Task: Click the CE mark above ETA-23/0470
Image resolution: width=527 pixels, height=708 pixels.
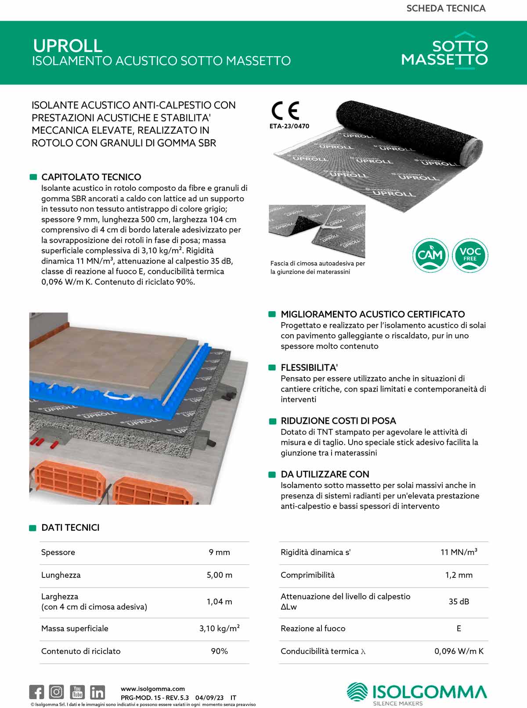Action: click(285, 111)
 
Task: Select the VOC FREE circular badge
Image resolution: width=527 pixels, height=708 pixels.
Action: click(470, 255)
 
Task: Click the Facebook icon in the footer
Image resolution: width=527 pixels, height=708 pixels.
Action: click(37, 692)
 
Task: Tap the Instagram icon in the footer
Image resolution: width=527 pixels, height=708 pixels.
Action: click(56, 692)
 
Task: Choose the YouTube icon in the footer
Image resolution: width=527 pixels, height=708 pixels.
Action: click(77, 692)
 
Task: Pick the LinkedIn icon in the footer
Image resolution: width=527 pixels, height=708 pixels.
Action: click(97, 692)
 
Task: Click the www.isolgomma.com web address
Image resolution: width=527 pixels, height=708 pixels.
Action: click(153, 689)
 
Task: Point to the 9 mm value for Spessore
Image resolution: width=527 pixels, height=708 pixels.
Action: click(219, 552)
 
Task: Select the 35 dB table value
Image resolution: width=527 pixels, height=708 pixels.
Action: click(458, 602)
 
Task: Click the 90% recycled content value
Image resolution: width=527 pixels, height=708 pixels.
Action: click(219, 651)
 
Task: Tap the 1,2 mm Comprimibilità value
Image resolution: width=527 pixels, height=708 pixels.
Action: click(458, 575)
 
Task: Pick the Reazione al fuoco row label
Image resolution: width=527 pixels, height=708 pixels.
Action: click(313, 628)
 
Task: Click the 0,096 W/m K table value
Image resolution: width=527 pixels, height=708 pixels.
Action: click(458, 651)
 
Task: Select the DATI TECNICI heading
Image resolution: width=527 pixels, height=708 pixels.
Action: click(70, 528)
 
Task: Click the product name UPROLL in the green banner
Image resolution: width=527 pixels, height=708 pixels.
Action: click(68, 46)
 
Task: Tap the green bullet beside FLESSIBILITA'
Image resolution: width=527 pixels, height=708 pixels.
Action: click(272, 368)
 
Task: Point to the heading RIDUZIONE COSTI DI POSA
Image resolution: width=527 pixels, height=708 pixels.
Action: click(338, 421)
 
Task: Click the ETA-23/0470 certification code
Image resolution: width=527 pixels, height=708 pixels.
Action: click(289, 126)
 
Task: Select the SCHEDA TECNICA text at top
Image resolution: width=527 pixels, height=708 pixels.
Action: click(446, 8)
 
